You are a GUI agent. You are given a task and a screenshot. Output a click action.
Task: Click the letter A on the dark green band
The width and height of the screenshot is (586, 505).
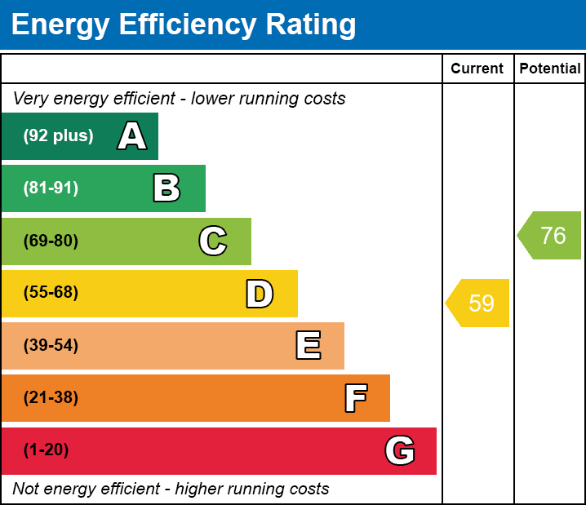pyautogui.click(x=132, y=136)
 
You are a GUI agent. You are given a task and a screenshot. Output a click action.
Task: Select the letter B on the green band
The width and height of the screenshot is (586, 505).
pyautogui.click(x=166, y=188)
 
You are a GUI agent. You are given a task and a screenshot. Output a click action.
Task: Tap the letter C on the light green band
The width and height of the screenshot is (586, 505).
pyautogui.click(x=213, y=241)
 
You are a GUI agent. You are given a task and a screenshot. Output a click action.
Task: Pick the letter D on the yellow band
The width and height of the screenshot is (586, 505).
pyautogui.click(x=260, y=294)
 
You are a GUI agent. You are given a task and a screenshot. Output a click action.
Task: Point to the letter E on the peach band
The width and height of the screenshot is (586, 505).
pyautogui.click(x=308, y=346)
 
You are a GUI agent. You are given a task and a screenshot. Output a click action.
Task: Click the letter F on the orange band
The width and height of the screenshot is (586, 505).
pyautogui.click(x=355, y=399)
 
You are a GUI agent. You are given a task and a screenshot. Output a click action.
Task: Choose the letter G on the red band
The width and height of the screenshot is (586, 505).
pyautogui.click(x=400, y=450)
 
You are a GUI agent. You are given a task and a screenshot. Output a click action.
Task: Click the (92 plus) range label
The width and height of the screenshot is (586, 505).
pyautogui.click(x=58, y=136)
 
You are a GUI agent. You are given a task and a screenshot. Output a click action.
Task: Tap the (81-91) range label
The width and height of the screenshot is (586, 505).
pyautogui.click(x=51, y=188)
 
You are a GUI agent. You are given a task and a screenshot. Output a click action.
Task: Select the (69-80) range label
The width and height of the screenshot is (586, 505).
pyautogui.click(x=51, y=241)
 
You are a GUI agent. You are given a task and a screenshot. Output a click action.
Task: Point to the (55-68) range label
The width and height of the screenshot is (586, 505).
pyautogui.click(x=51, y=293)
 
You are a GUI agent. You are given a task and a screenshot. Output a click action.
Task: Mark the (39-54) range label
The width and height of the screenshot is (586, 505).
pyautogui.click(x=51, y=346)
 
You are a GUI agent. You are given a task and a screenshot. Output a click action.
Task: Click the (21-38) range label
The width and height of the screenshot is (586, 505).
pyautogui.click(x=51, y=398)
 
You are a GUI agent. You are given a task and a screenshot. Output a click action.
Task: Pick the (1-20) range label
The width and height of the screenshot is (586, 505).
pyautogui.click(x=46, y=450)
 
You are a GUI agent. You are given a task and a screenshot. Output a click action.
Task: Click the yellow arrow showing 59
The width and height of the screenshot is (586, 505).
pyautogui.click(x=479, y=303)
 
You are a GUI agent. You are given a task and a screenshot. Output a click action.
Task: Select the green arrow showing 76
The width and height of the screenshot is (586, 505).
pyautogui.click(x=551, y=236)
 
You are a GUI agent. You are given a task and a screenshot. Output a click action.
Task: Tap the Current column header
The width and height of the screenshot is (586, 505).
pyautogui.click(x=477, y=69)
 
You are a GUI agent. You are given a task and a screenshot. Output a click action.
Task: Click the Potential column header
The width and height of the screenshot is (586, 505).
pyautogui.click(x=550, y=69)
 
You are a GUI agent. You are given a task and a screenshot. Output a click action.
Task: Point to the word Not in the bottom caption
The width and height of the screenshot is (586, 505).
pyautogui.click(x=26, y=489)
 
